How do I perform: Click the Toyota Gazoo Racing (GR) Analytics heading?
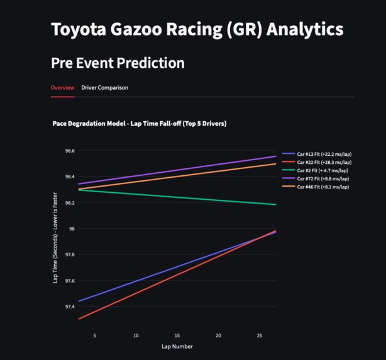tap(197, 30)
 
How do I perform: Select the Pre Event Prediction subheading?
tap(118, 63)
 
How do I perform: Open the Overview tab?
tap(62, 87)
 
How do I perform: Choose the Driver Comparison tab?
tap(104, 87)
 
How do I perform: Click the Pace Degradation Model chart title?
tap(139, 123)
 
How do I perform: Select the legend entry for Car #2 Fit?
tap(322, 170)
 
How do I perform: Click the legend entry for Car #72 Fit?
tap(323, 178)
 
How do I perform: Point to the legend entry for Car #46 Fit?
tap(323, 187)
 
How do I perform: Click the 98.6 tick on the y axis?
tap(69, 151)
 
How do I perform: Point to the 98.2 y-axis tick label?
tap(69, 203)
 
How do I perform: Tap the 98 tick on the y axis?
tap(72, 229)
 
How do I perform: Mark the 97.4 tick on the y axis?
tap(69, 307)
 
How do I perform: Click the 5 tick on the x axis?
tap(95, 335)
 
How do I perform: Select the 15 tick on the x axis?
tap(177, 335)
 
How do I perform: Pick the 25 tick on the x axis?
tap(260, 335)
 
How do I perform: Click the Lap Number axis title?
tap(177, 346)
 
